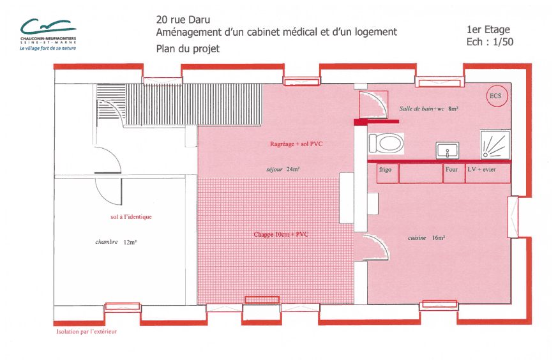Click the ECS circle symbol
[497, 96]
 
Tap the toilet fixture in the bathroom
[386, 144]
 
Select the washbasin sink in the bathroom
[448, 150]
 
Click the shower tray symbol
[495, 145]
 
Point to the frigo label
[385, 170]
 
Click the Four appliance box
[454, 173]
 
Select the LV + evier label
[481, 170]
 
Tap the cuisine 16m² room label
[426, 238]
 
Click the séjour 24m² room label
[283, 169]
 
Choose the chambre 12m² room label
[116, 243]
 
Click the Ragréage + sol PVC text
[296, 144]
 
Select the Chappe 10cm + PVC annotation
[281, 234]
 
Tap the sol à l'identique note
[131, 216]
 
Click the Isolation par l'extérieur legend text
[86, 331]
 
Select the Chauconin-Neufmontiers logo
[48, 34]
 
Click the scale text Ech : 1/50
[490, 42]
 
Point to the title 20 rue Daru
[183, 20]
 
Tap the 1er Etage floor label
[488, 29]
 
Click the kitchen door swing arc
[381, 242]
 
